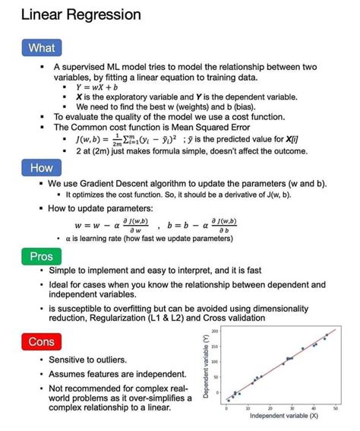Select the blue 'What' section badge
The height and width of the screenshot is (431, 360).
click(41, 48)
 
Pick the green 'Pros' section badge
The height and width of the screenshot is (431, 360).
click(41, 257)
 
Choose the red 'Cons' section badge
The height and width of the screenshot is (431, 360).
click(41, 342)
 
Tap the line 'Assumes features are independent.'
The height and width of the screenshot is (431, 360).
click(117, 374)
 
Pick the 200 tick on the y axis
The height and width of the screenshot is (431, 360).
click(215, 331)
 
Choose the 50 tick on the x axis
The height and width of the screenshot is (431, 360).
click(335, 407)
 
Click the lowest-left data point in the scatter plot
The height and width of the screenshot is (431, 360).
click(228, 400)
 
